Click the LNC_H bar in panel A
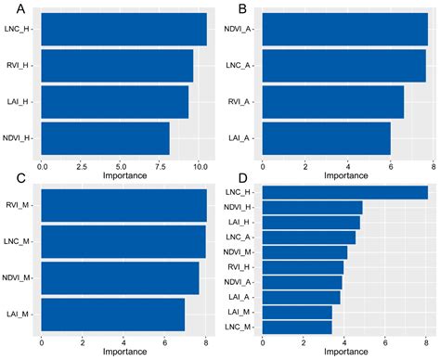click(124, 30)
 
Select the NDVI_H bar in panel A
click(106, 138)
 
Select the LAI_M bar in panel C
click(113, 315)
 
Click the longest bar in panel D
click(345, 193)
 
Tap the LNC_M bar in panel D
click(297, 327)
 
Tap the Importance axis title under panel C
click(124, 352)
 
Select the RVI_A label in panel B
click(240, 102)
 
